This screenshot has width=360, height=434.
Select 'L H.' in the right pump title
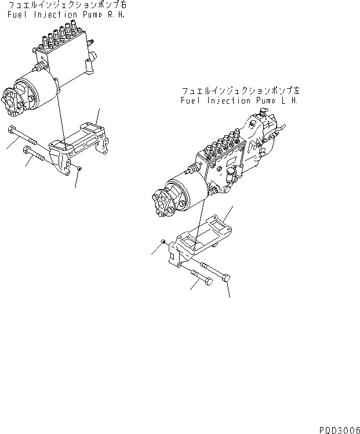289,100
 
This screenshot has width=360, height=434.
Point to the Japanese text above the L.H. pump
239,92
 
